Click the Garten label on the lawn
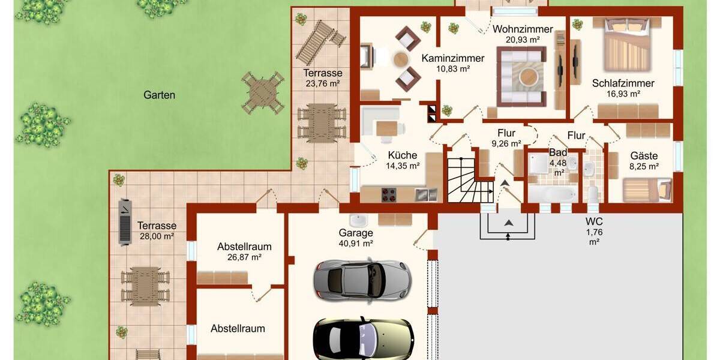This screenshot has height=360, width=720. [x=159, y=95]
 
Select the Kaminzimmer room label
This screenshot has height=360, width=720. [x=452, y=59]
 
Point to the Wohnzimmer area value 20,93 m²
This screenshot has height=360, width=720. [x=523, y=40]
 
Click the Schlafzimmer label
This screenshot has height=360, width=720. [x=623, y=83]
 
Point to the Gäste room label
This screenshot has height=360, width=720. [x=644, y=155]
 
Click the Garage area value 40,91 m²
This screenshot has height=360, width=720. [x=356, y=244]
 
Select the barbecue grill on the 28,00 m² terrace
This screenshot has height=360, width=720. [x=125, y=221]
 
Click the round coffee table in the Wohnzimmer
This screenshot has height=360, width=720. [x=529, y=76]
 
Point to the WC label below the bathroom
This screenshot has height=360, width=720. [x=594, y=221]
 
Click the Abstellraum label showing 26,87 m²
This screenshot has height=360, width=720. [x=244, y=247]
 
